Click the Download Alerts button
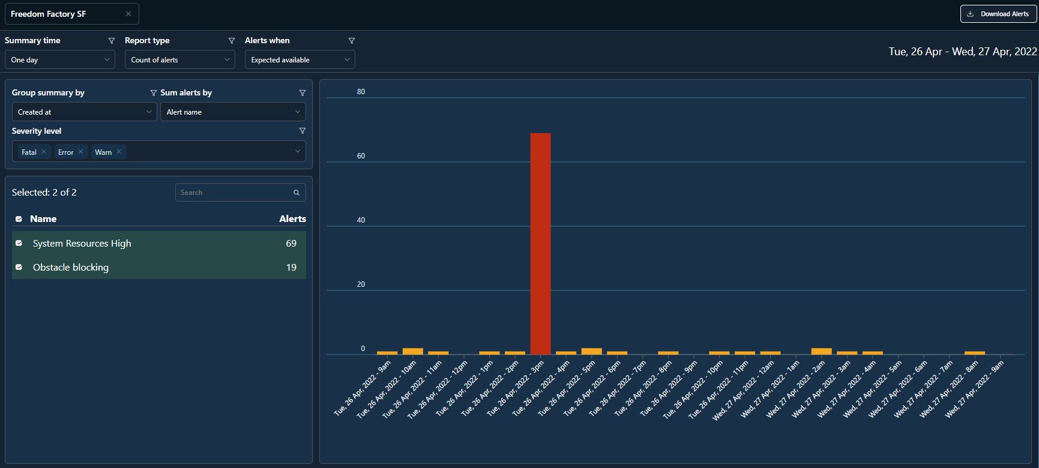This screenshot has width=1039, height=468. coord(999,14)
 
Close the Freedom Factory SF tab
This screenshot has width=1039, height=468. coord(128,14)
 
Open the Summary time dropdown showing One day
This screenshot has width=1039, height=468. coord(59,60)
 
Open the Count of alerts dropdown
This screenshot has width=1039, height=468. coord(179,60)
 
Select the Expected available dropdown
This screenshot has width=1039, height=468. coord(300,60)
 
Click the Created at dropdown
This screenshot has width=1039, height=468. coord(84,112)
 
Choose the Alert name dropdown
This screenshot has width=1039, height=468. coord(233,112)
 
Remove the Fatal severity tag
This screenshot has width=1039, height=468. coord(44,152)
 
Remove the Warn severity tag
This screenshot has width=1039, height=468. coord(119,152)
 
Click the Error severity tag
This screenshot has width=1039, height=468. coord(65,152)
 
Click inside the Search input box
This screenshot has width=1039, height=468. coord(234,193)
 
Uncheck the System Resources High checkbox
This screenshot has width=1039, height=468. coord(19,243)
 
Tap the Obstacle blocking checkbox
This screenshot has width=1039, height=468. coord(19,267)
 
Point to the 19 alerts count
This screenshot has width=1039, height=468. coord(291,268)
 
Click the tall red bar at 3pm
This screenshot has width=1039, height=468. coord(540,244)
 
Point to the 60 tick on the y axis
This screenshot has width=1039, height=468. coord(361,156)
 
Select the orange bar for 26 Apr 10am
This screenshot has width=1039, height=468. coord(413,352)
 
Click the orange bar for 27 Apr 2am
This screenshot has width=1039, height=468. coord(821,352)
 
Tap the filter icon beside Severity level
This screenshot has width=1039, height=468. coord(303,131)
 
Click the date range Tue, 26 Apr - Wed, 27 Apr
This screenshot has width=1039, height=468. coord(963,52)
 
